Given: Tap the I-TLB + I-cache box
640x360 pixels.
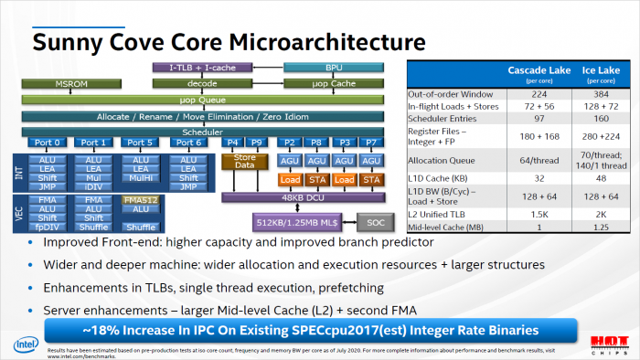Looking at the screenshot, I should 200,68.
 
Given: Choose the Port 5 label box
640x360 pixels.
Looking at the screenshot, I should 139,143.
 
